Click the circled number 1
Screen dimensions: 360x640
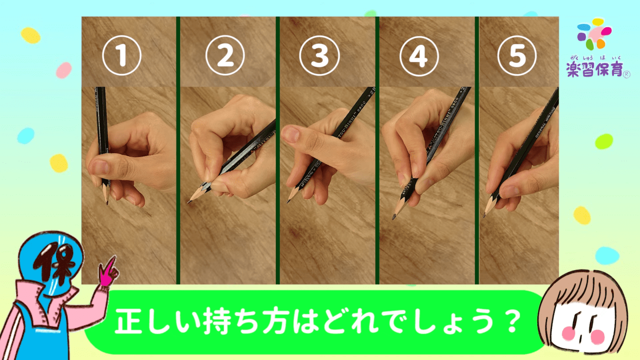coord(122,56)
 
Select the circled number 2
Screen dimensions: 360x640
coord(225,56)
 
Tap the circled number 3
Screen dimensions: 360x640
coord(319,56)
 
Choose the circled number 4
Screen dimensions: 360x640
coord(419,56)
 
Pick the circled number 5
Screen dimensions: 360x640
coord(517,56)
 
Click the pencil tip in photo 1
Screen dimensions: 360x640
coord(107,203)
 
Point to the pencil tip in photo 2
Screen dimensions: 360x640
coord(189,202)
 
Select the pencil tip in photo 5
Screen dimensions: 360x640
coord(484,216)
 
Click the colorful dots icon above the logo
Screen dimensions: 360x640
coord(594,34)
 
